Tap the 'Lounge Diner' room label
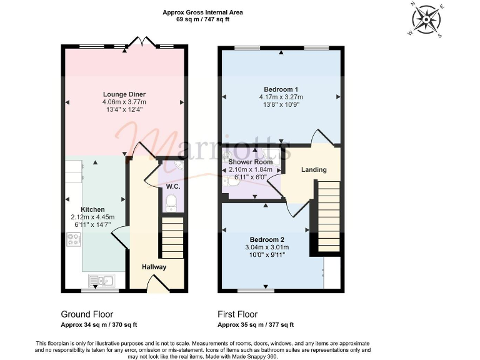pyautogui.click(x=124, y=94)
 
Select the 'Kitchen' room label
pyautogui.click(x=92, y=209)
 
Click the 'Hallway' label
pyautogui.click(x=154, y=267)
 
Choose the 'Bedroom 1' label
pyautogui.click(x=281, y=89)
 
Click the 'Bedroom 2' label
pyautogui.click(x=267, y=240)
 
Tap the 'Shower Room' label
pyautogui.click(x=251, y=162)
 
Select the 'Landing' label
pyautogui.click(x=313, y=169)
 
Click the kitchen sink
pyautogui.click(x=98, y=281)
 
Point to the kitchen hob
pyautogui.click(x=73, y=239)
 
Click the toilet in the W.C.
pyautogui.click(x=171, y=202)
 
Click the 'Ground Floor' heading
pyautogui.click(x=87, y=314)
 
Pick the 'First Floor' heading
pyautogui.click(x=237, y=314)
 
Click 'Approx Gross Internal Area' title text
pyautogui.click(x=202, y=12)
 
